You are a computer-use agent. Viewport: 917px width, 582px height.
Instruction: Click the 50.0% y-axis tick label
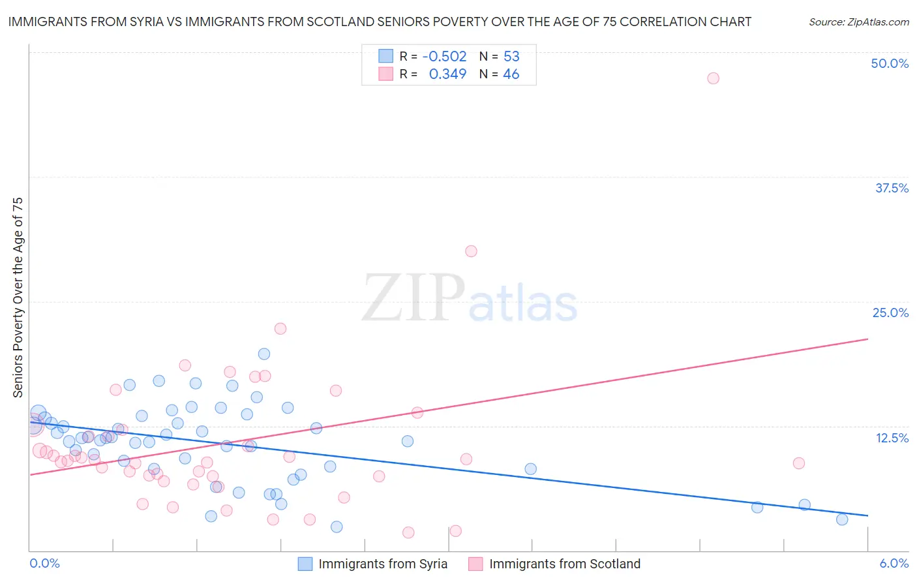point(890,63)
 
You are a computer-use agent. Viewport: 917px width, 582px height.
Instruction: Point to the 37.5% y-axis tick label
point(892,188)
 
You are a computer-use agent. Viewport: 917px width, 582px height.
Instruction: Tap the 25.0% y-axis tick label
point(890,313)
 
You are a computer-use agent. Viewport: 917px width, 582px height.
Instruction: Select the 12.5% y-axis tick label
point(892,438)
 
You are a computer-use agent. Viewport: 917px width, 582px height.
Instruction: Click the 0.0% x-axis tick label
point(44,563)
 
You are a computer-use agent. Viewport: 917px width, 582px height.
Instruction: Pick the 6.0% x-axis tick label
point(894,563)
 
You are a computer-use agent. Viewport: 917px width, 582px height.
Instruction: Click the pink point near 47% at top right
point(713,78)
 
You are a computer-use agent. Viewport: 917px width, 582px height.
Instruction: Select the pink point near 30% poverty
point(471,251)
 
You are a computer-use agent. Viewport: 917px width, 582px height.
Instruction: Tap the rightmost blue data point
point(842,519)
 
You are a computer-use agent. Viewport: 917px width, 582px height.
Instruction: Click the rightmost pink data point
point(799,463)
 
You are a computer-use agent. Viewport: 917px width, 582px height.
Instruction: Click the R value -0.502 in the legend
point(444,56)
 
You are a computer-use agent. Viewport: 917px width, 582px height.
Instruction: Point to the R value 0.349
point(447,74)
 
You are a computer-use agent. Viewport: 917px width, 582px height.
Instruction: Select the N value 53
point(511,56)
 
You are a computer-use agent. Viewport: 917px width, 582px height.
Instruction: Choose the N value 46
point(511,74)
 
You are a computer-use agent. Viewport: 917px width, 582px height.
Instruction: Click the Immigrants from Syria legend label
point(383,564)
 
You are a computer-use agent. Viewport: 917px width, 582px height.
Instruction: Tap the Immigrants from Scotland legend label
point(565,564)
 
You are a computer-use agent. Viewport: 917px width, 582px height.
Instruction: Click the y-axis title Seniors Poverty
point(18,297)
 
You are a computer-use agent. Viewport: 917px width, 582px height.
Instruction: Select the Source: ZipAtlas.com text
point(858,22)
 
